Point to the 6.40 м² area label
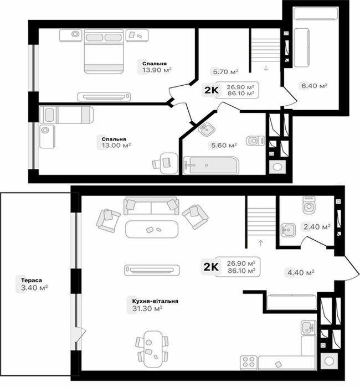click(314, 86)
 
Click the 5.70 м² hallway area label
click(225, 71)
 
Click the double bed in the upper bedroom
click(103, 51)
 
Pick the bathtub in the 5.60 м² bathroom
click(210, 165)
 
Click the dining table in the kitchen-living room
click(151, 347)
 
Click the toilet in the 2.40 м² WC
click(308, 206)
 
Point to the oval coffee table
click(151, 229)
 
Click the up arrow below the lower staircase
click(260, 243)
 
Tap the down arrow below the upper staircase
click(266, 68)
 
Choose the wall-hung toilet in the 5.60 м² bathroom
click(254, 141)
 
